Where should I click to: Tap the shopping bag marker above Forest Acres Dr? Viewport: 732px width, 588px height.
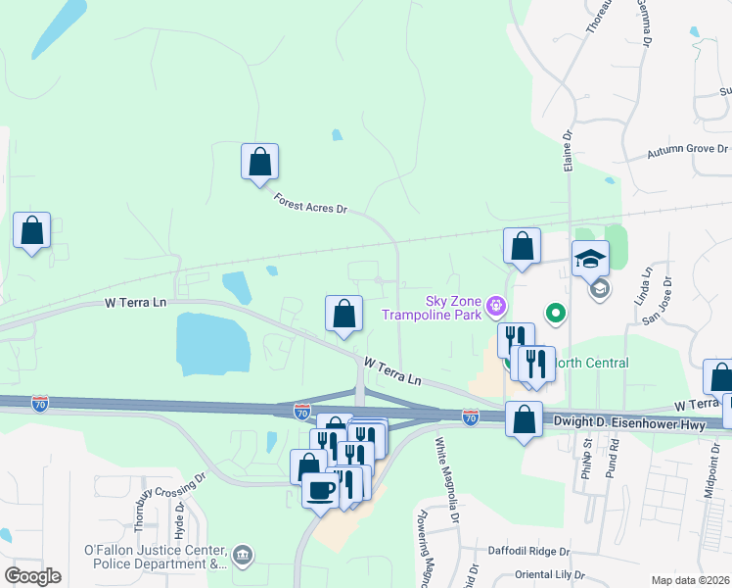pyautogui.click(x=259, y=161)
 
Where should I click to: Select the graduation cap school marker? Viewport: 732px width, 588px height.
pyautogui.click(x=590, y=259)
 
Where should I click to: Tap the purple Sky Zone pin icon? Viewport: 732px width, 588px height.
pyautogui.click(x=496, y=307)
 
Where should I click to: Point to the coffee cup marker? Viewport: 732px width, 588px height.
pyautogui.click(x=319, y=490)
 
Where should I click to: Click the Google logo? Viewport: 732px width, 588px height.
pyautogui.click(x=32, y=575)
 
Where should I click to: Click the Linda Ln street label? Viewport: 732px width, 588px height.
pyautogui.click(x=646, y=285)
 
